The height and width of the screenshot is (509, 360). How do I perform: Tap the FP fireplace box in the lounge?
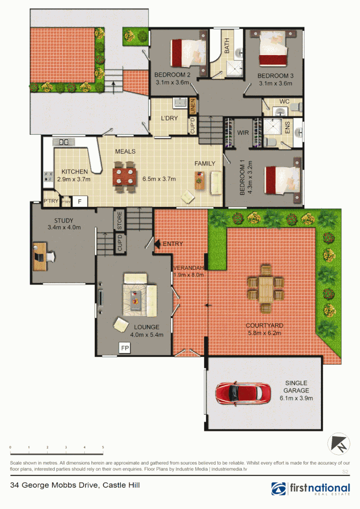125,348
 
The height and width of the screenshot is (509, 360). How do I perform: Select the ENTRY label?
172,244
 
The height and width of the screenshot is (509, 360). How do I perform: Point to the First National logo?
311,489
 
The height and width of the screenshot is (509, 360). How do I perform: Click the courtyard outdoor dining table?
266,288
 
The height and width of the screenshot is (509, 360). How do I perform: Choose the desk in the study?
41,256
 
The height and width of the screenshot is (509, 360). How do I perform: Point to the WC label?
284,101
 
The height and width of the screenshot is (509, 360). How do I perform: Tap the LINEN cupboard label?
192,107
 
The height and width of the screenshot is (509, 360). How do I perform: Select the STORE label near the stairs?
119,219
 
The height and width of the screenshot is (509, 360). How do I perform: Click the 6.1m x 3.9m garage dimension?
296,398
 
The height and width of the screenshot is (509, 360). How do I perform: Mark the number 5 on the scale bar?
103,447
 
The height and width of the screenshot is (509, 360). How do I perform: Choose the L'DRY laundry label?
169,118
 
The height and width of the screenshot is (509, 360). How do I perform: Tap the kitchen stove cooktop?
48,176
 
